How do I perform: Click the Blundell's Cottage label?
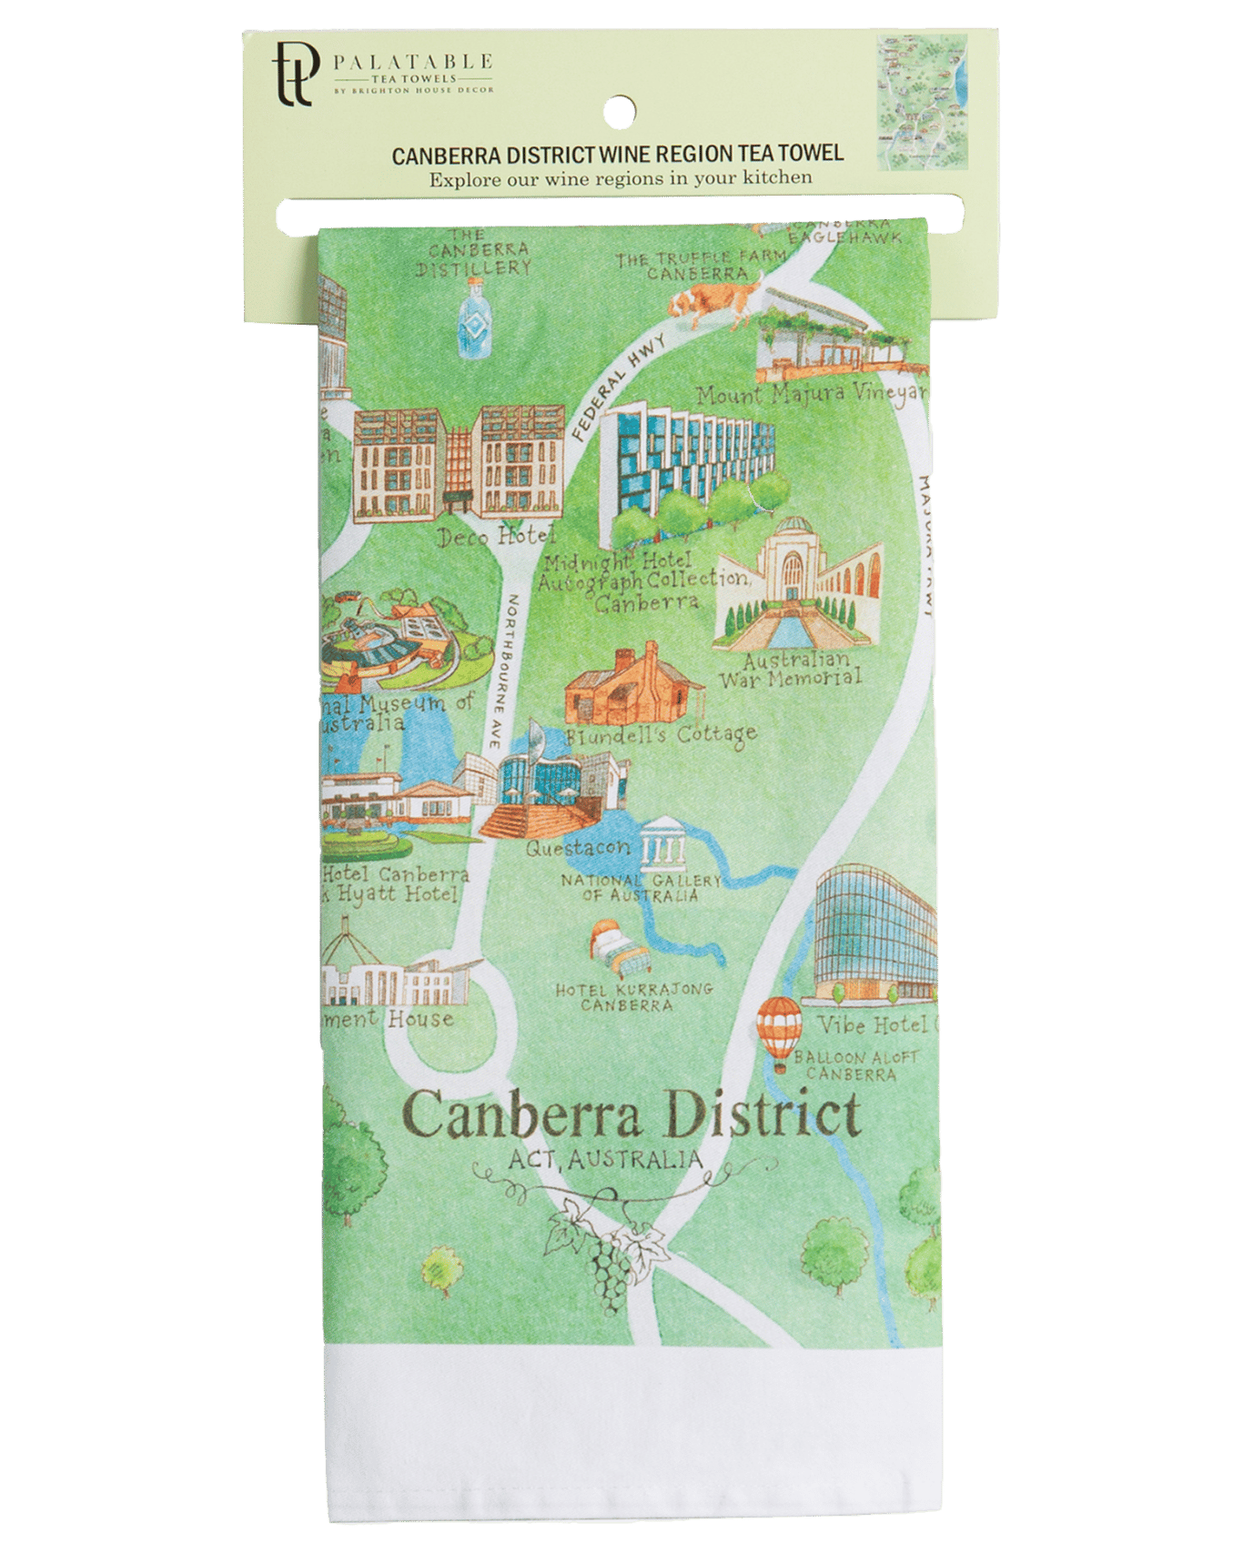(661, 733)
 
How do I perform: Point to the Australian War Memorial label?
(790, 669)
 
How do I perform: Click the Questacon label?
(578, 849)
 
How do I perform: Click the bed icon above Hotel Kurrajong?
(619, 948)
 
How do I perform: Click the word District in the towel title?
(764, 1115)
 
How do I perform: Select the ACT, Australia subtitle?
(606, 1159)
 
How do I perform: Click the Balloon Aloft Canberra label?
(855, 1065)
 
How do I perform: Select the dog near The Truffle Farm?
(707, 299)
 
